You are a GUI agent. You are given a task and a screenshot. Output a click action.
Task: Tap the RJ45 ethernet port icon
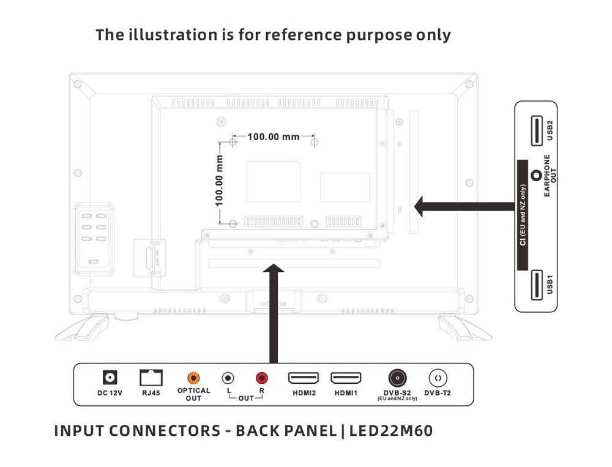[151, 378]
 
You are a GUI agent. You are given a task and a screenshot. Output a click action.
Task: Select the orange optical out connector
[193, 378]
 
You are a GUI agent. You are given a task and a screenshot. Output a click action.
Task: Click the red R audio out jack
[263, 378]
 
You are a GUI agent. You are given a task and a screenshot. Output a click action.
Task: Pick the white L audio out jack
[228, 378]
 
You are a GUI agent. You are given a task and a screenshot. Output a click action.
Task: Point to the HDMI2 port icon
[304, 378]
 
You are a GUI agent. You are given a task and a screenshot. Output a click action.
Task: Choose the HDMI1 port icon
[346, 378]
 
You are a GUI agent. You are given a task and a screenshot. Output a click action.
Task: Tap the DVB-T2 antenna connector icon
[438, 378]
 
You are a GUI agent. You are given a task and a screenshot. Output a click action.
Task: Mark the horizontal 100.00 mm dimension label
[273, 136]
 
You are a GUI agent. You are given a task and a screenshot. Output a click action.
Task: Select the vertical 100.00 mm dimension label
[219, 181]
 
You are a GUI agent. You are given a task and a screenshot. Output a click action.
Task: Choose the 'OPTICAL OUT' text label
[193, 394]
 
